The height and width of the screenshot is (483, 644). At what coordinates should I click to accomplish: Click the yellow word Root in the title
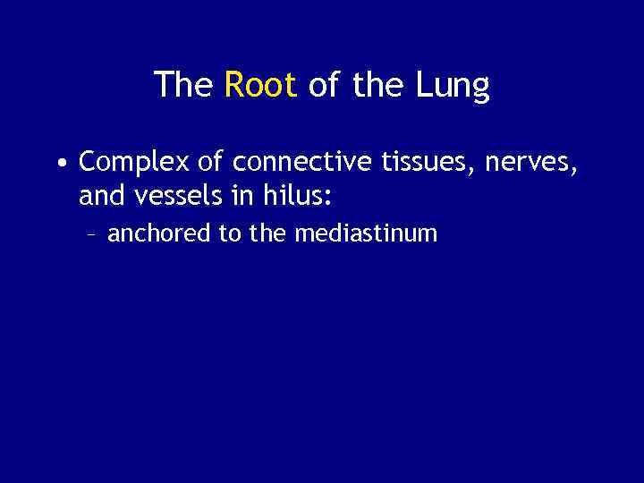coord(260,85)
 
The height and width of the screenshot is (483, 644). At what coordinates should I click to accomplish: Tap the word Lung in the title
coord(453,87)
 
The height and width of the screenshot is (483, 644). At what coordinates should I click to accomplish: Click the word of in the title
coord(325,85)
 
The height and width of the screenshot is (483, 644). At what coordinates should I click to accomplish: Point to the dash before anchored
coord(93,234)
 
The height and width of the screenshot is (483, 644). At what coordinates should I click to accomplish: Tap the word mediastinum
coord(366,234)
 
